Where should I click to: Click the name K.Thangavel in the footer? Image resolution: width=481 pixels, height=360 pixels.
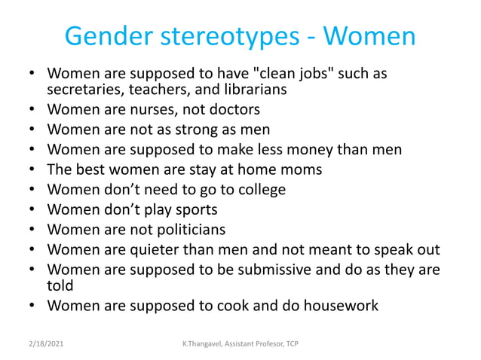(x=202, y=343)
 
